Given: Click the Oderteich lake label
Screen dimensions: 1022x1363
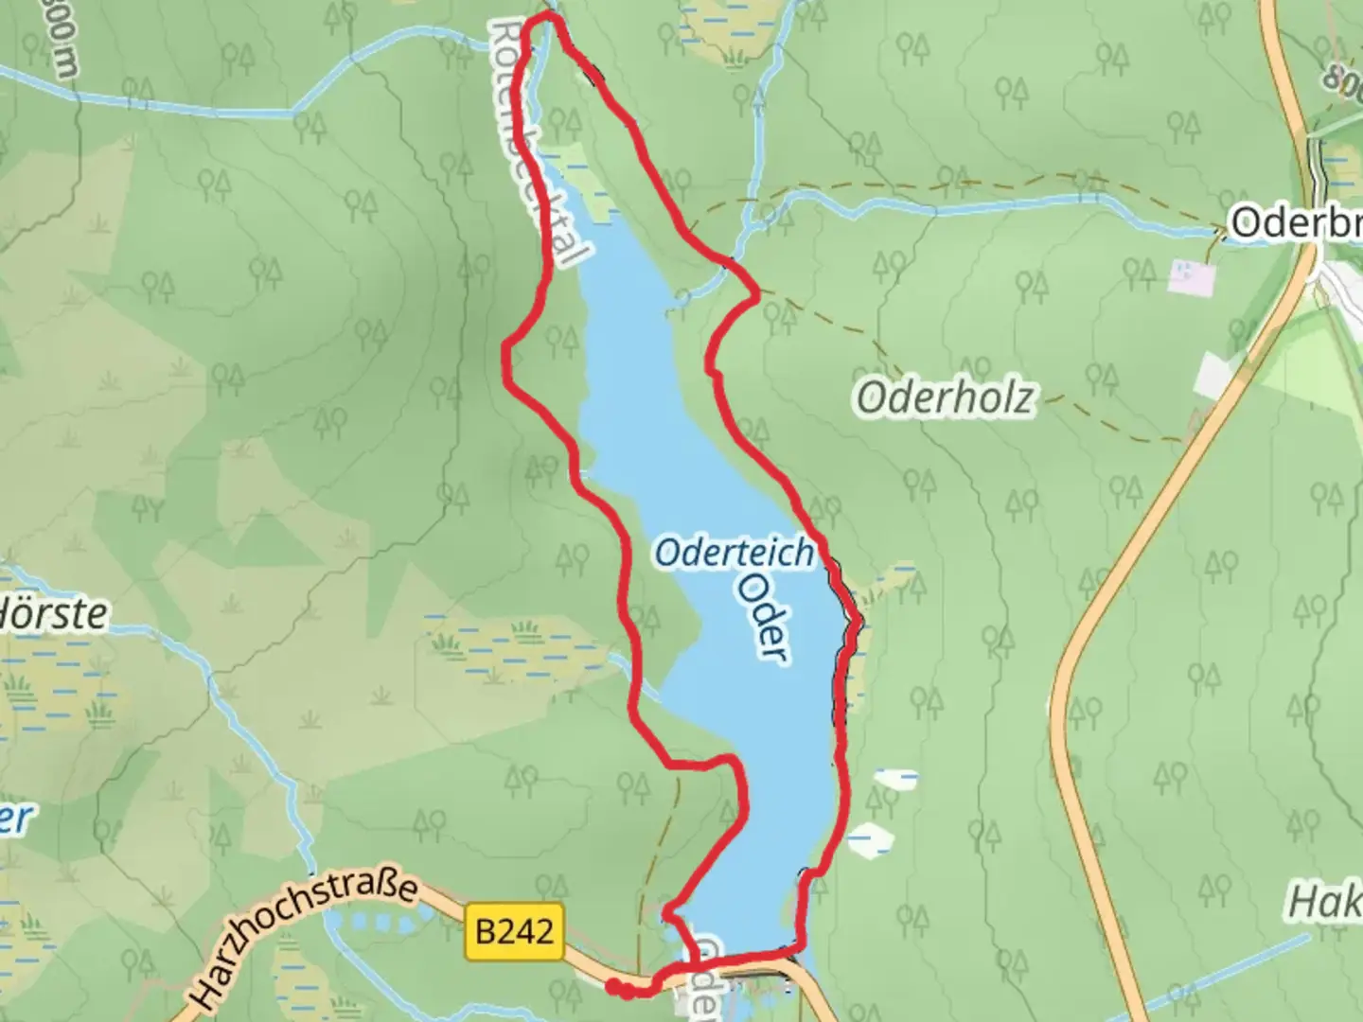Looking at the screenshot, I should tap(734, 553).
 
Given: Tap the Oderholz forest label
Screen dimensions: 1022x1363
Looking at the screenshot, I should tap(945, 398).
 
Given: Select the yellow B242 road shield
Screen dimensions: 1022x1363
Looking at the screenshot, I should tap(515, 932).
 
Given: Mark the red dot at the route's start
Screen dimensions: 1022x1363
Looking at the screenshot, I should tap(614, 988).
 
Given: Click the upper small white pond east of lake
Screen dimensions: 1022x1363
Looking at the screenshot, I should tap(895, 779).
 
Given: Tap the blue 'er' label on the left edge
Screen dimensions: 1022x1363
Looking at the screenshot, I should tap(15, 819).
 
